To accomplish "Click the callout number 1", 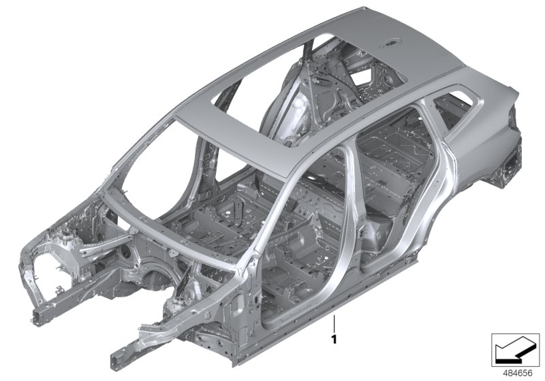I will click(334, 337).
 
